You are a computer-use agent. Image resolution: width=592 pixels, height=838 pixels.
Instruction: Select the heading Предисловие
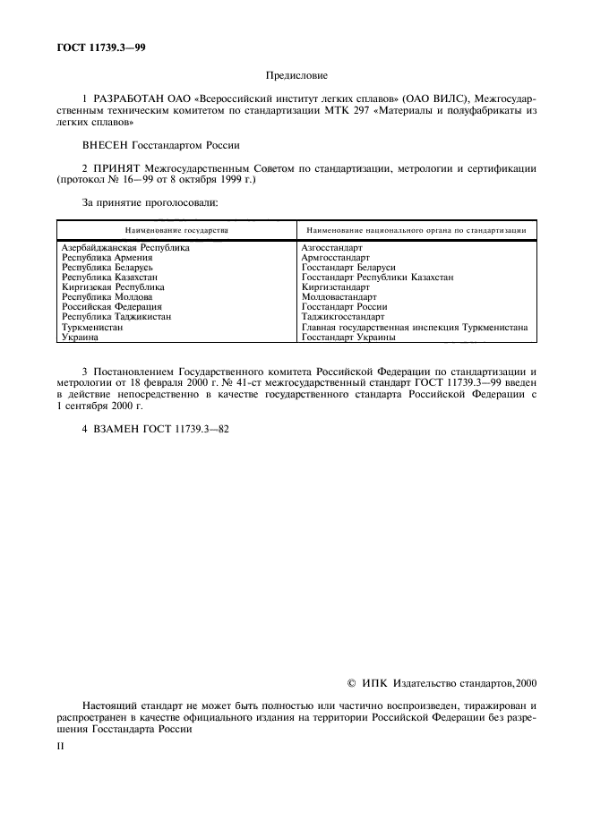(x=296, y=77)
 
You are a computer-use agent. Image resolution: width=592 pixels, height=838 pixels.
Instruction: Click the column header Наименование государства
(x=176, y=230)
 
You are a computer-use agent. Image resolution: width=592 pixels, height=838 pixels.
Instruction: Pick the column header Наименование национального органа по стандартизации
(x=415, y=230)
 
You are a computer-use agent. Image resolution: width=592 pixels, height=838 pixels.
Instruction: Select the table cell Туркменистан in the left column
(x=91, y=327)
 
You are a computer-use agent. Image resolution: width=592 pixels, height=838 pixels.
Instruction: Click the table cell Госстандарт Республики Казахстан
(x=377, y=278)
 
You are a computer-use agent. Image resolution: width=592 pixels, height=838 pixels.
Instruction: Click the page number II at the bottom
(x=60, y=745)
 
